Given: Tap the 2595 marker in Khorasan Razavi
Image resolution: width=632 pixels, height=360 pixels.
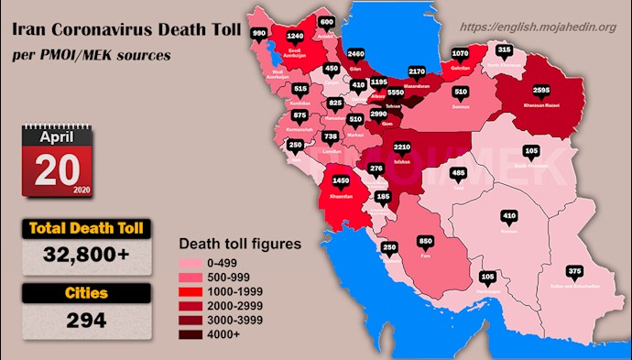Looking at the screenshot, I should click(540, 91).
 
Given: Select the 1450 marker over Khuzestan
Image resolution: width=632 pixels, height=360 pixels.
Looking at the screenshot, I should click(342, 181).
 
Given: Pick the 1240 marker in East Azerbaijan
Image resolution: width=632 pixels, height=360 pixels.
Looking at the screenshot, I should click(294, 37).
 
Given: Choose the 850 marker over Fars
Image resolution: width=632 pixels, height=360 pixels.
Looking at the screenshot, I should click(425, 241).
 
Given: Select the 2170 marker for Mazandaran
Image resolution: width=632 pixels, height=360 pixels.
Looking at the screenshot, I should click(418, 71).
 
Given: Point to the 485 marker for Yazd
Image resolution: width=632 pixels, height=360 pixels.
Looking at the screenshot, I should click(459, 173).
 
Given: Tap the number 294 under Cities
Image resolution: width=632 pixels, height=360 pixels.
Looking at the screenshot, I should click(79, 321).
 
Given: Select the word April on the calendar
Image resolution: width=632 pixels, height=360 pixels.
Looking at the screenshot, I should click(56, 136).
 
